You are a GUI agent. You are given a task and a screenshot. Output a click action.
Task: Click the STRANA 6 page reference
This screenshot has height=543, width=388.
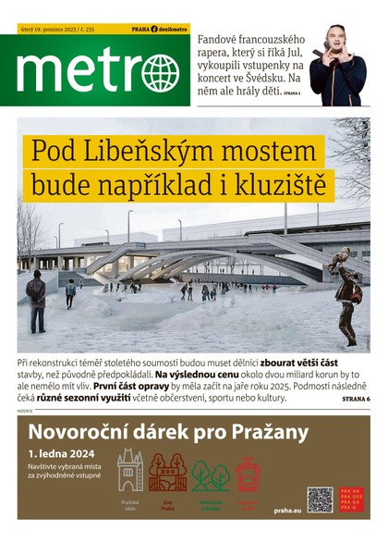(x=355, y=398)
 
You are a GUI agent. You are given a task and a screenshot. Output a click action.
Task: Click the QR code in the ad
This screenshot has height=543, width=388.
(x=320, y=499)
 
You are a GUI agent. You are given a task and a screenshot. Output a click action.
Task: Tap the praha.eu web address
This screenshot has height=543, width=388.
(x=287, y=510)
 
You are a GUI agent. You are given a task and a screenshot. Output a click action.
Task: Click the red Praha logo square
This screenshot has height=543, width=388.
(x=352, y=499)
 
